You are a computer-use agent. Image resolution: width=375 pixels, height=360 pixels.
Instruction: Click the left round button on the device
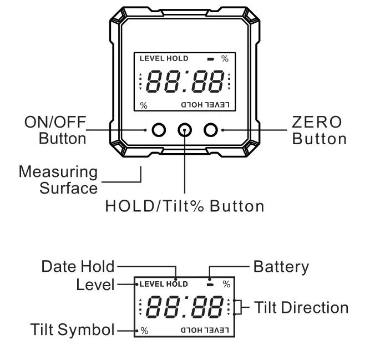pos(159,130)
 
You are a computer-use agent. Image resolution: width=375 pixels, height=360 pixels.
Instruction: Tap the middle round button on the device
pos(185,130)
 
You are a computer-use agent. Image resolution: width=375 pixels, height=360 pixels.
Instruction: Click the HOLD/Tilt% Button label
pos(184,206)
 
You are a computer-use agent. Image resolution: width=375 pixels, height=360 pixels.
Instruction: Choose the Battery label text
pos(281,266)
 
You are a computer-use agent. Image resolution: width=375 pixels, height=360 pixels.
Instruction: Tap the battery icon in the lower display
pos(210,285)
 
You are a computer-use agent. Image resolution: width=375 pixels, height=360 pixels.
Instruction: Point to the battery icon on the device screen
pos(210,59)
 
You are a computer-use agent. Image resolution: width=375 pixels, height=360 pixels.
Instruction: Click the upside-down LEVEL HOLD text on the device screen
pos(205,104)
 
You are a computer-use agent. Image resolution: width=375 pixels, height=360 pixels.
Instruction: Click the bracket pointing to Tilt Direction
pos(237,307)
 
